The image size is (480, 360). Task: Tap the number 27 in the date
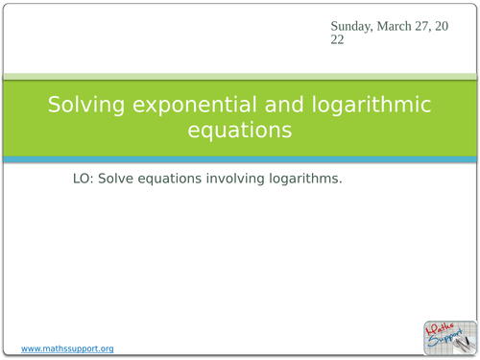pyautogui.click(x=427, y=27)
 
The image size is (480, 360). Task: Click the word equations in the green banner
pyautogui.click(x=240, y=130)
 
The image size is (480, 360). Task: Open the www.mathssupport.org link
pyautogui.click(x=67, y=348)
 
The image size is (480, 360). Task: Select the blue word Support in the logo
pyautogui.click(x=444, y=340)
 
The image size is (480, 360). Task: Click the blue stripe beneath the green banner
pyautogui.click(x=240, y=159)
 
